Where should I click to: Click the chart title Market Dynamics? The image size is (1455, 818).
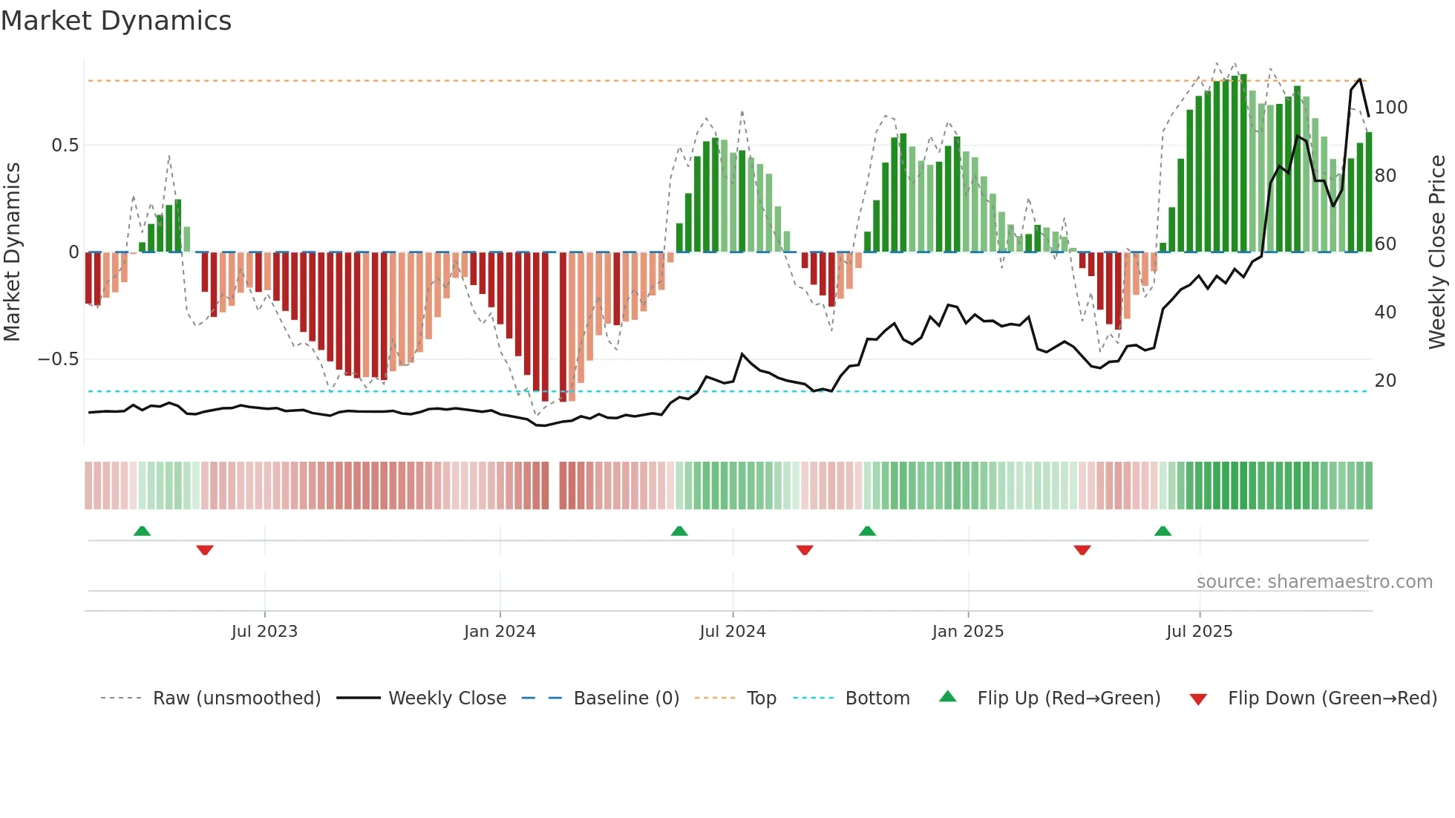pyautogui.click(x=116, y=21)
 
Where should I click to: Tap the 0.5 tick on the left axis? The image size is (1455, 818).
pyautogui.click(x=65, y=145)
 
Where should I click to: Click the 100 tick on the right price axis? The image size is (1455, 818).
pyautogui.click(x=1390, y=108)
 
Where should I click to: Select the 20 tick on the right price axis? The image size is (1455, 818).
pyautogui.click(x=1385, y=381)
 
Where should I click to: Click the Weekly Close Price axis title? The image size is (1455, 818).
pyautogui.click(x=1437, y=252)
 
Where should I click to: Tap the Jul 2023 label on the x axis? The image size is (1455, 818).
pyautogui.click(x=264, y=632)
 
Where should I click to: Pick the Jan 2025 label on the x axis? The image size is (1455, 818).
pyautogui.click(x=967, y=632)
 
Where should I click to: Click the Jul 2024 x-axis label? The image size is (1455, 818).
pyautogui.click(x=732, y=632)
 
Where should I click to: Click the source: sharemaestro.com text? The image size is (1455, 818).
pyautogui.click(x=1314, y=582)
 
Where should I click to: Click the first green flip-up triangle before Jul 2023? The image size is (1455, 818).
pyautogui.click(x=142, y=531)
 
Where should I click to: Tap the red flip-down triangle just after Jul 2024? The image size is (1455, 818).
pyautogui.click(x=805, y=550)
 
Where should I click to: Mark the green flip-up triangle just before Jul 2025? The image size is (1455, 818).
pyautogui.click(x=1163, y=531)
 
